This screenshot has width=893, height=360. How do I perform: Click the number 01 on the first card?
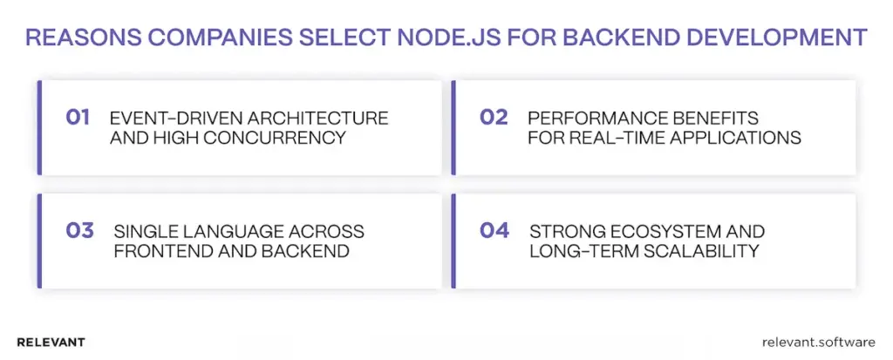(78, 118)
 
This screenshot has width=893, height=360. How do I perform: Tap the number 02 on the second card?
(494, 118)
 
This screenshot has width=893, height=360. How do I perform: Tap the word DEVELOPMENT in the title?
(780, 37)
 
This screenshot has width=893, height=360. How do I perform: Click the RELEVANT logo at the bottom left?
(51, 343)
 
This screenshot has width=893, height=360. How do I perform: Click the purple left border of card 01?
(39, 127)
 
